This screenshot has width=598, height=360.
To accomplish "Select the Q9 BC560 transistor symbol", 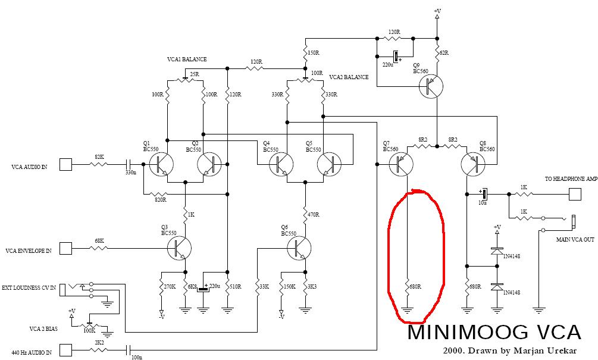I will (430, 87).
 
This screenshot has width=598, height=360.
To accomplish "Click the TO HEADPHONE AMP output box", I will (575, 194).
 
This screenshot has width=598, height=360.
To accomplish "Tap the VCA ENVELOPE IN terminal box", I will (67, 248).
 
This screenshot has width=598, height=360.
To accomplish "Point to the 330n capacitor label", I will (131, 173).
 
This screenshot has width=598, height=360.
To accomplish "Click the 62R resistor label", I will (444, 53).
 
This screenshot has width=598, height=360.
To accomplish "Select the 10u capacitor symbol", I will (484, 194).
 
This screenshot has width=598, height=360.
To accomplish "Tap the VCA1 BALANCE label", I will (187, 60).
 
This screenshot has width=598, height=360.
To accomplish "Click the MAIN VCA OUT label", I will (575, 240).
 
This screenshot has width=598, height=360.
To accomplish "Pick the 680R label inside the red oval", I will (415, 287).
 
